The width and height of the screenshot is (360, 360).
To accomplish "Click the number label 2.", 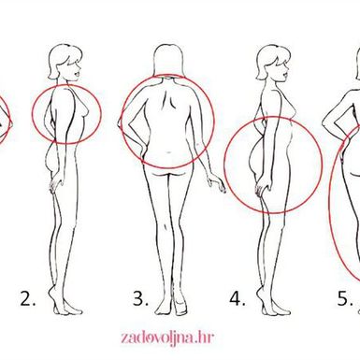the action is (x=28, y=298).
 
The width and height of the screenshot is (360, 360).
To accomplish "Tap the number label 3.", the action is (x=140, y=298).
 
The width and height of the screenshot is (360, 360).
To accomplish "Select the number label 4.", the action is (x=238, y=298).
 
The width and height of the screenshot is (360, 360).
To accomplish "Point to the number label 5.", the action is (x=345, y=298).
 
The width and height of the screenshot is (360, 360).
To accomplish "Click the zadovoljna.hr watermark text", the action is (x=167, y=338).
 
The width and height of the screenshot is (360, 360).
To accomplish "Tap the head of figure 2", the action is (x=65, y=63).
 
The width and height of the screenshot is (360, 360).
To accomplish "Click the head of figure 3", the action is (x=168, y=61).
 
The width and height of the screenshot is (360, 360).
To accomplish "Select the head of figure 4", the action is (x=273, y=63).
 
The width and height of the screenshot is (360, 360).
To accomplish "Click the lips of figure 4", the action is (x=286, y=75).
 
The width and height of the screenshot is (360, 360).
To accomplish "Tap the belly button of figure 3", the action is (x=168, y=152).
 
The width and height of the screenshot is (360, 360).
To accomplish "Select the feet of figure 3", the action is (x=171, y=306).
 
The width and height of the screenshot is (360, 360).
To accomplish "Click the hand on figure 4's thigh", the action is (x=262, y=188).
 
